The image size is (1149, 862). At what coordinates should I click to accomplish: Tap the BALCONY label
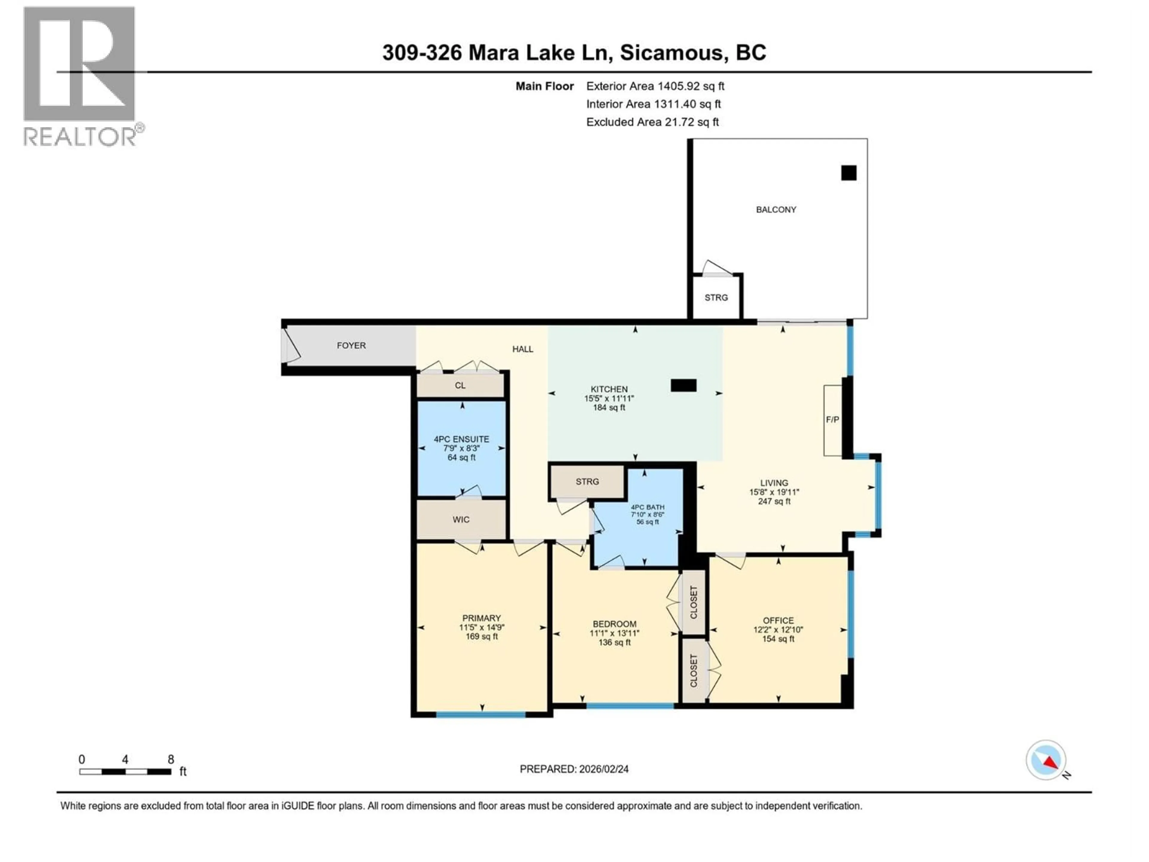coord(776,210)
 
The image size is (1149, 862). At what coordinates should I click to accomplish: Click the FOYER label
coord(351,345)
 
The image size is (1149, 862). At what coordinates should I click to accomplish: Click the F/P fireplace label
coord(832,419)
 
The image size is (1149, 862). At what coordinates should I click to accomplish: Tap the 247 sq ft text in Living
coord(774,501)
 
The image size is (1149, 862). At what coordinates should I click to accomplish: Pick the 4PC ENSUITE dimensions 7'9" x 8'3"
coord(461,448)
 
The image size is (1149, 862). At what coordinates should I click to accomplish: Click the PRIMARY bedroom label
coord(481,618)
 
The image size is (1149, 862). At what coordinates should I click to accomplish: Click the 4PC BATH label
coord(647,507)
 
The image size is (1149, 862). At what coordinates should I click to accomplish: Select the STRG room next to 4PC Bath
coord(587,482)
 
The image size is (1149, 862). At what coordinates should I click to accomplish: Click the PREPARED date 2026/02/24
coord(574,769)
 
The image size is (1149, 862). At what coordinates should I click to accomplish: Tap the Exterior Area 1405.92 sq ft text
coord(655,86)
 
